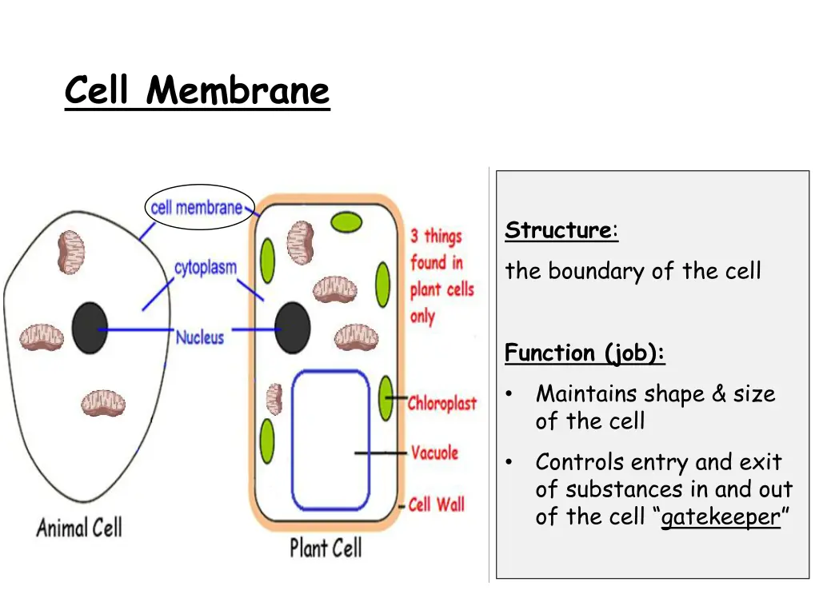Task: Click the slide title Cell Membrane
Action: click(197, 90)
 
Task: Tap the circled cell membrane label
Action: click(197, 207)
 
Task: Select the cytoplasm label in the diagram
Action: click(206, 268)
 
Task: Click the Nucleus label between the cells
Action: click(200, 337)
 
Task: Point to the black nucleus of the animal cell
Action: click(90, 329)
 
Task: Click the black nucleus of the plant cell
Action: click(293, 328)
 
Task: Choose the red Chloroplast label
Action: click(442, 403)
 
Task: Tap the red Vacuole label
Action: click(434, 453)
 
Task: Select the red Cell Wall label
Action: click(436, 504)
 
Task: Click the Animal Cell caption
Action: click(79, 528)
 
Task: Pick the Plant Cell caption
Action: click(326, 548)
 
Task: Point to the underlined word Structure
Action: click(558, 231)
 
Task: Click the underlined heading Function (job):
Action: click(585, 353)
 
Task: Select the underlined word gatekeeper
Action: click(721, 517)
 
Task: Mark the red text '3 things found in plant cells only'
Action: click(441, 275)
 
